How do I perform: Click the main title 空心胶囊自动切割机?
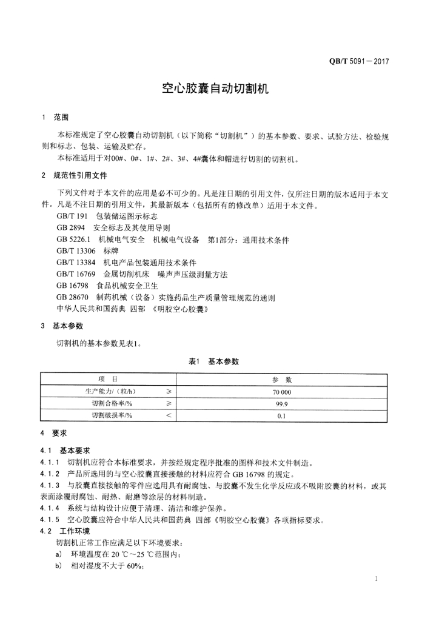coord(219,89)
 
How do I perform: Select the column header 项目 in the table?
coord(108,380)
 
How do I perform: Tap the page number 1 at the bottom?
coord(376,580)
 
